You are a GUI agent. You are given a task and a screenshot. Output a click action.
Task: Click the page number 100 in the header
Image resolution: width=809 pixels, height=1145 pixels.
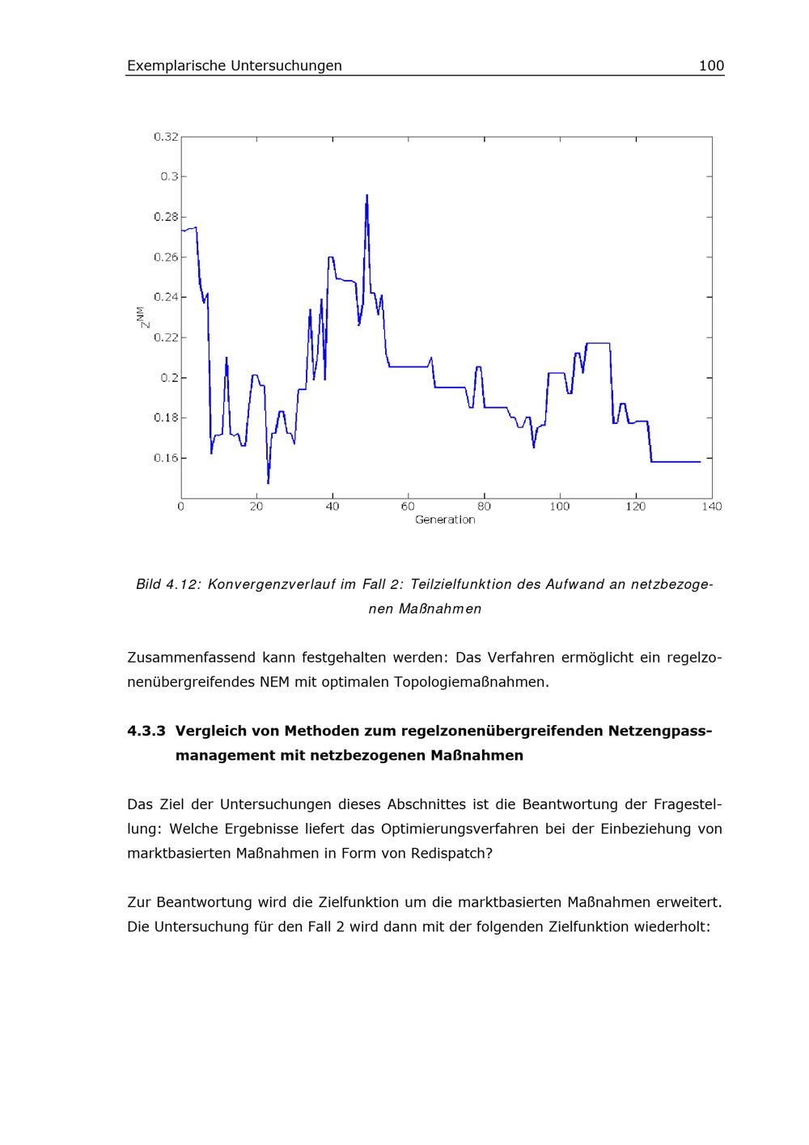711,66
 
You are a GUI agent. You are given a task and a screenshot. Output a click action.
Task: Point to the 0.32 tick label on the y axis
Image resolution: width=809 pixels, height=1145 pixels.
166,137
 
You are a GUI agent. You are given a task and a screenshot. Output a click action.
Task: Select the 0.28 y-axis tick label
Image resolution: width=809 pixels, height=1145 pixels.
166,217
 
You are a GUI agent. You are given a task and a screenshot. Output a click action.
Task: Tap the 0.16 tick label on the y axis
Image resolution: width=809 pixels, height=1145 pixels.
166,458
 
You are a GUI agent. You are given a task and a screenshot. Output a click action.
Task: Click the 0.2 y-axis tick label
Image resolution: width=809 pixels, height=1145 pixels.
168,378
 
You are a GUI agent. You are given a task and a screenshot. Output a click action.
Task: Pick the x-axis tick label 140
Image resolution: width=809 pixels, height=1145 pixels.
712,507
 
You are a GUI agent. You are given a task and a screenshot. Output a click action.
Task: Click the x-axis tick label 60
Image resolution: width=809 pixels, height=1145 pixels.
409,507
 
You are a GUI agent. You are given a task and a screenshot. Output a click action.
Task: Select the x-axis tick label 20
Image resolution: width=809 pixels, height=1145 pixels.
257,507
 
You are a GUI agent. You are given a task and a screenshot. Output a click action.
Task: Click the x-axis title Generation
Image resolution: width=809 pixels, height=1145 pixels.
445,519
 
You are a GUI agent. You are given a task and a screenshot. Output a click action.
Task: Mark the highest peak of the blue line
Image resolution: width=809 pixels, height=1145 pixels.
366,195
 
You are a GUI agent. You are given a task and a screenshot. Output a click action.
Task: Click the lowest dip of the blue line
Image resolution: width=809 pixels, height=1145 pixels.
268,483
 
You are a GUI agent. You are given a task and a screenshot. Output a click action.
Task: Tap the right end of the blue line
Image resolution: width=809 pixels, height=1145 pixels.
700,462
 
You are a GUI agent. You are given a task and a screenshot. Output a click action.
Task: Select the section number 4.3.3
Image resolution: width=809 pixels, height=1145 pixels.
146,731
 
